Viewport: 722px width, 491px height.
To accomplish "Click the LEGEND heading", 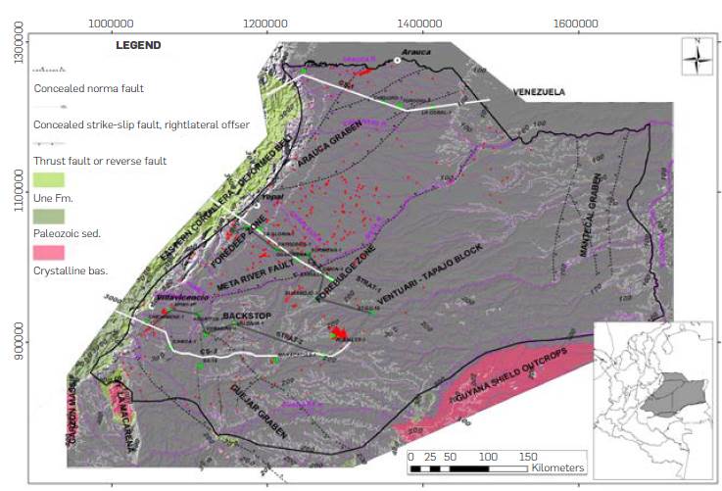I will coord(138,45).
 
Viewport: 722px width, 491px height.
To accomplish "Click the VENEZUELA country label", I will coord(540,92).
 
